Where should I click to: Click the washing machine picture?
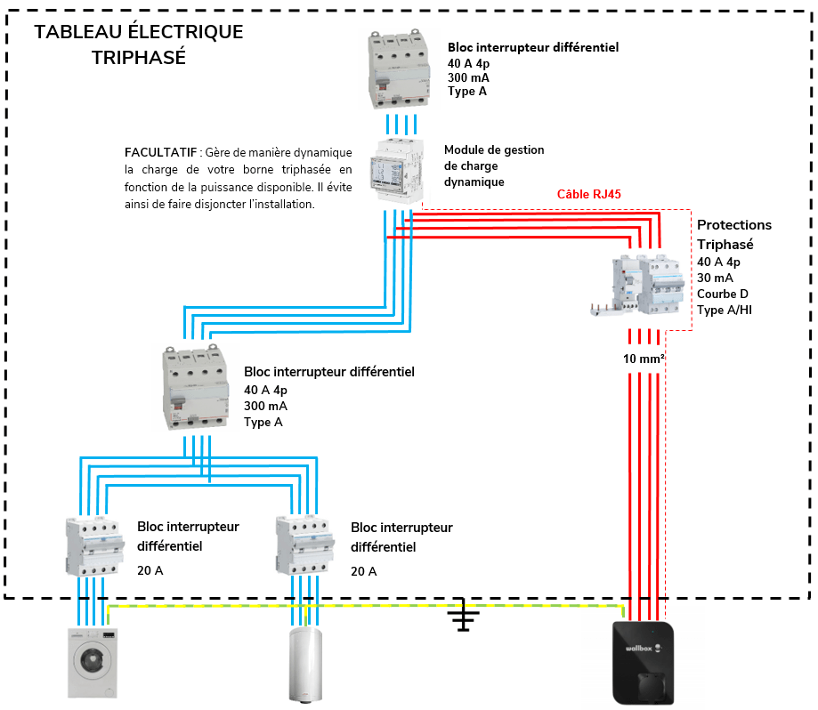point(93,662)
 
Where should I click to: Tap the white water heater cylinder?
point(304,666)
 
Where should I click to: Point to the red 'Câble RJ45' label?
point(588,194)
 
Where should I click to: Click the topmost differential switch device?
point(400,69)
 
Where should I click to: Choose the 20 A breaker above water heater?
point(304,546)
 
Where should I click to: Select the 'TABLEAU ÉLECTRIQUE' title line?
point(138,32)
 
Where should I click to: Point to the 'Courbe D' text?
point(722,294)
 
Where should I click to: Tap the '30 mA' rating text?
point(716,278)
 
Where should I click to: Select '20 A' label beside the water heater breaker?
point(363,571)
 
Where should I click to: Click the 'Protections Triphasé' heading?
point(733,234)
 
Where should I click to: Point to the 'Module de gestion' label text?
point(494,150)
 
